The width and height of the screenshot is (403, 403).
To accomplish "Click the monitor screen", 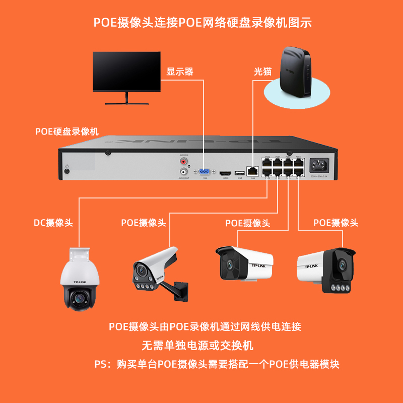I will click(x=126, y=71).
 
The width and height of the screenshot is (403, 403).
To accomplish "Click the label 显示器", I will click(x=180, y=72).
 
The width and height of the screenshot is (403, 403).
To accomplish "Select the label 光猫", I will click(x=262, y=72).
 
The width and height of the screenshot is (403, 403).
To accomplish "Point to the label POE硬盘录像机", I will click(x=66, y=131).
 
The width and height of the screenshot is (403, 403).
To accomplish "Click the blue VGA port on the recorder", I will click(x=205, y=172).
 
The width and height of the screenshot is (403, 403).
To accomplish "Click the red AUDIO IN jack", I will click(x=183, y=162).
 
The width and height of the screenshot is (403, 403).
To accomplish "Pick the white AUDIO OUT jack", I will click(x=183, y=172).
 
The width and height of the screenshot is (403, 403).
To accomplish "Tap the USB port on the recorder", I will click(x=240, y=173).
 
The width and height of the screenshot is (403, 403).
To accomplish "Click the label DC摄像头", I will click(x=53, y=223).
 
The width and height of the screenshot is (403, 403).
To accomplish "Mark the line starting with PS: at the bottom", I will click(x=217, y=364).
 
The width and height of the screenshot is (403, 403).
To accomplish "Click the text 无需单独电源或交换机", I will click(x=197, y=346).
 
